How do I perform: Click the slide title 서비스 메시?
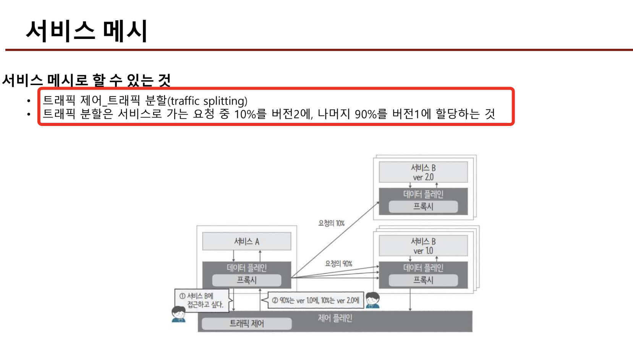pos(87,31)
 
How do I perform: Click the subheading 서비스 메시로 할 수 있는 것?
pos(86,80)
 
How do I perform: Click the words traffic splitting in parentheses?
pos(209,101)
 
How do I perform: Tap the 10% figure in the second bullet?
pos(245,114)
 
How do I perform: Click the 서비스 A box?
pos(246,241)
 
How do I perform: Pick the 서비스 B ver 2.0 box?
pos(423,172)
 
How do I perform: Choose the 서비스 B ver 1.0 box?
pos(423,246)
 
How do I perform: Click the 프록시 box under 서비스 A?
pos(246,280)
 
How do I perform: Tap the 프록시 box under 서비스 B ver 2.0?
pos(423,207)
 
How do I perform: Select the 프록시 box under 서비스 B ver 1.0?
pos(423,280)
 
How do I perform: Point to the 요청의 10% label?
pos(331,223)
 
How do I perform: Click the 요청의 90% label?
pos(338,263)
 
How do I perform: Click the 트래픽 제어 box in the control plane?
pos(246,324)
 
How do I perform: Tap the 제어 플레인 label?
pos(335,318)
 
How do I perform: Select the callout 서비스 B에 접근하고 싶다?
pos(202,300)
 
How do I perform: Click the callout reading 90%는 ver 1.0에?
pos(316,300)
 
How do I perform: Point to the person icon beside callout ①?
pos(178,314)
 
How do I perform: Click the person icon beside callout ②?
pos(372,300)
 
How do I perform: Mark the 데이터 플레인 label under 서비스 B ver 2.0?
pos(423,194)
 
